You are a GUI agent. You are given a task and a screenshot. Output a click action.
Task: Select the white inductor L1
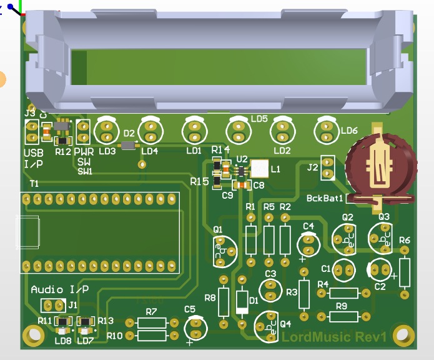[x=259, y=168]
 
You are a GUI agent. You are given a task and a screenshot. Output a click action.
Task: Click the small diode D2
[x=129, y=145]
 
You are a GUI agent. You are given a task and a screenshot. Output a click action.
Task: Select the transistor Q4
[x=267, y=326]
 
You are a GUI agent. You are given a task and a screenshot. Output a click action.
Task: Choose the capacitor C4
[x=307, y=241]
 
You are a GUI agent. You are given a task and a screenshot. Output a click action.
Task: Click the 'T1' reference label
[x=34, y=184]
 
